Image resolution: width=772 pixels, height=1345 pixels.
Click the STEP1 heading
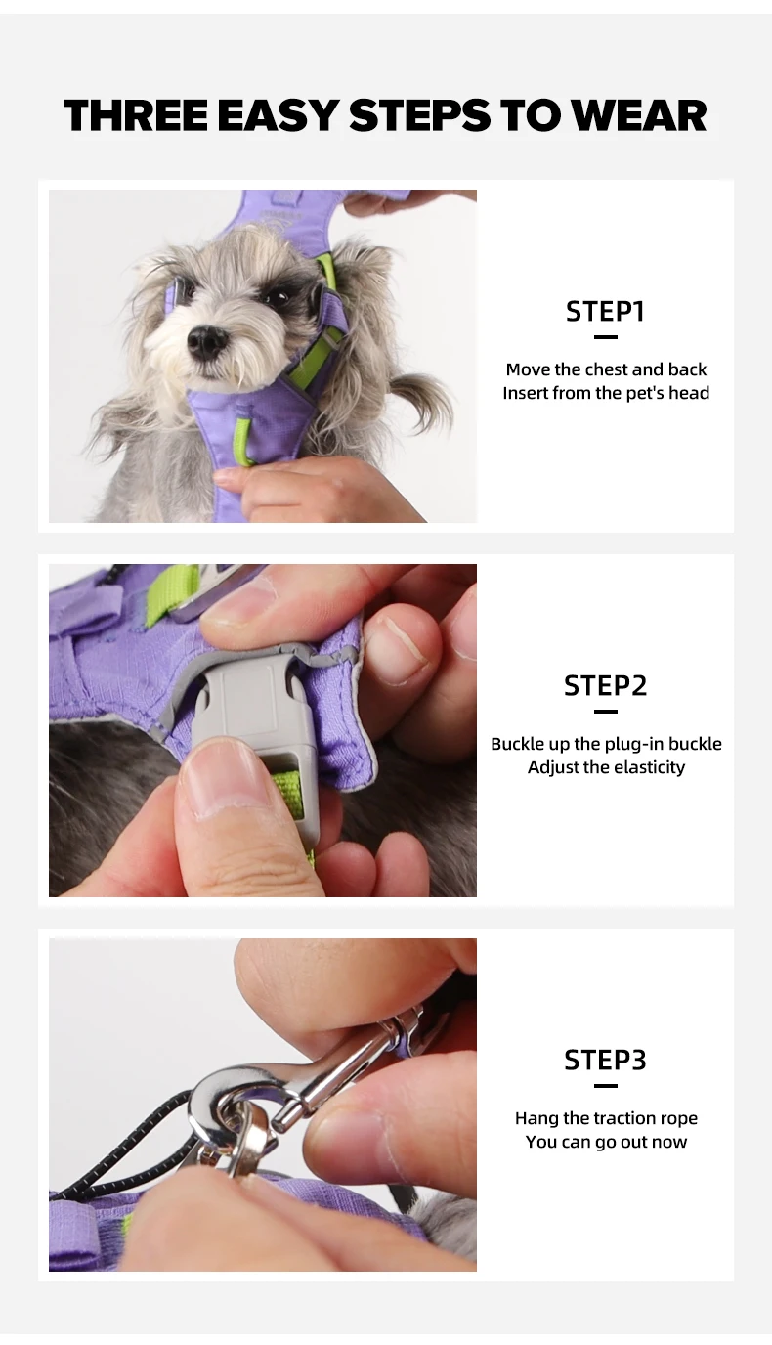(605, 311)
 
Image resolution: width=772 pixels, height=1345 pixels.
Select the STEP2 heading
(605, 686)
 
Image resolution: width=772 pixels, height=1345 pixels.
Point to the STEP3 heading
(605, 1060)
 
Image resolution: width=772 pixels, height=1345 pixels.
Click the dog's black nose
(207, 341)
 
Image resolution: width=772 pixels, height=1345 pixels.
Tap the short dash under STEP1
(605, 337)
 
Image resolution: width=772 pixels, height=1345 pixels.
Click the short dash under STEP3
(605, 1086)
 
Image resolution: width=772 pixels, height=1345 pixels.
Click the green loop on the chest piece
(243, 442)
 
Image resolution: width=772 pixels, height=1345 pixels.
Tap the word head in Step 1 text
(689, 393)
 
